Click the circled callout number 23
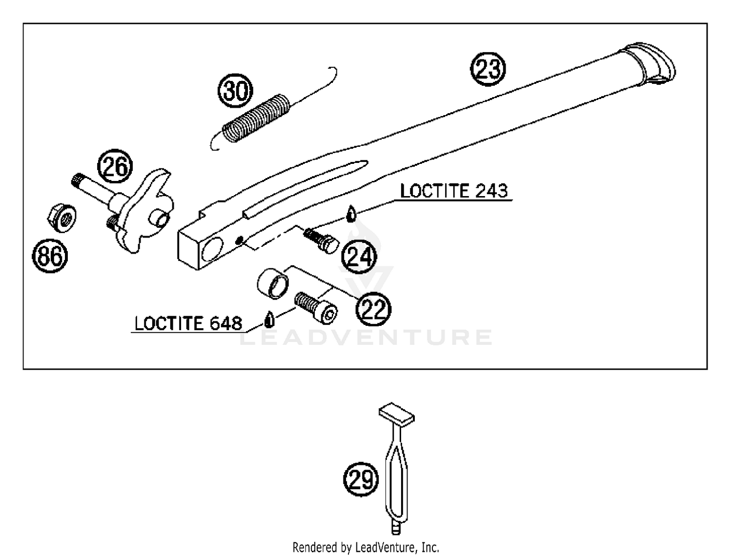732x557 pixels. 488,68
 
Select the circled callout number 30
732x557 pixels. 236,91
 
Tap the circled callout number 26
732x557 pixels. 115,167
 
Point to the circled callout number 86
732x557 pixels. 50,256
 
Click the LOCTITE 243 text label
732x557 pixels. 454,191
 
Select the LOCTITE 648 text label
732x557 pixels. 188,323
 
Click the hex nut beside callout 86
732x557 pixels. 61,217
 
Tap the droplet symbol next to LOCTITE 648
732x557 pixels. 268,319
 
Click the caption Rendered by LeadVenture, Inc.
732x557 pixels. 366,547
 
